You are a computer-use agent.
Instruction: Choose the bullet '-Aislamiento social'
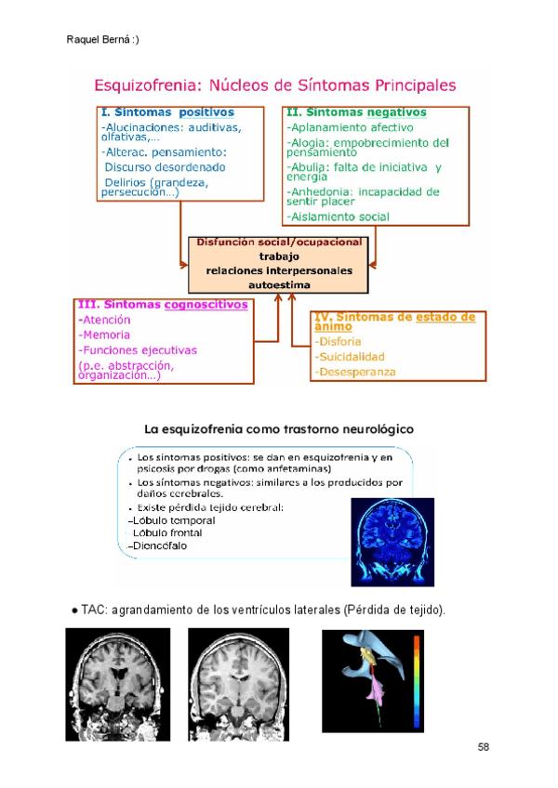(x=339, y=217)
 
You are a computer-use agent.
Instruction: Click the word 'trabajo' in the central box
(x=280, y=256)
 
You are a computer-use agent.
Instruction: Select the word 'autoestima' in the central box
(x=280, y=284)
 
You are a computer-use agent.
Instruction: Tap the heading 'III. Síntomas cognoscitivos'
(x=164, y=304)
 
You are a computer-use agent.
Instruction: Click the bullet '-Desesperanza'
(x=354, y=372)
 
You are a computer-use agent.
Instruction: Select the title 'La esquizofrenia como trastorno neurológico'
(x=279, y=429)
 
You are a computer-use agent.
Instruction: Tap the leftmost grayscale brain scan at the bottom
(x=117, y=684)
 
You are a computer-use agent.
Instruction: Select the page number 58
(x=485, y=746)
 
